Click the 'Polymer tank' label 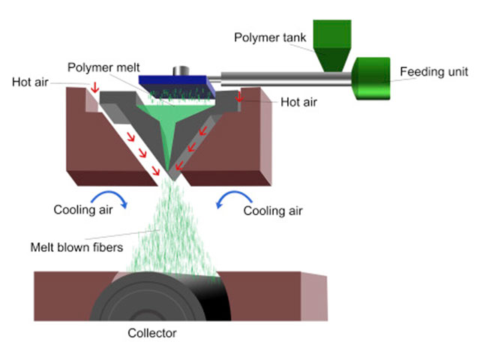point(266,37)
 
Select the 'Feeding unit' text point(434,72)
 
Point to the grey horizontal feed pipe point(285,76)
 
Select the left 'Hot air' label point(32,82)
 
